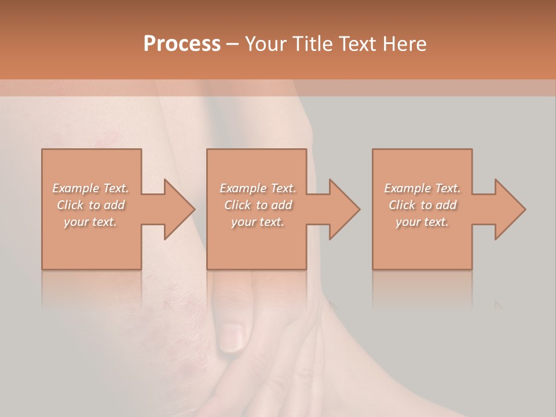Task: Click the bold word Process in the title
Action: pos(182,44)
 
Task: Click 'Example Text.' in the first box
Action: pos(90,188)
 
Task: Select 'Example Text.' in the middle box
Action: pos(257,188)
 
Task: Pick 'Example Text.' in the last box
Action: pos(422,188)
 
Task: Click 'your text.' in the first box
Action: pos(90,222)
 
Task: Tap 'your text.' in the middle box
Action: pos(257,222)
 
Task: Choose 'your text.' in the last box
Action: pos(422,222)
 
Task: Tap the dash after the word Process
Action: pos(233,45)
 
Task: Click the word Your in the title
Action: pos(265,44)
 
